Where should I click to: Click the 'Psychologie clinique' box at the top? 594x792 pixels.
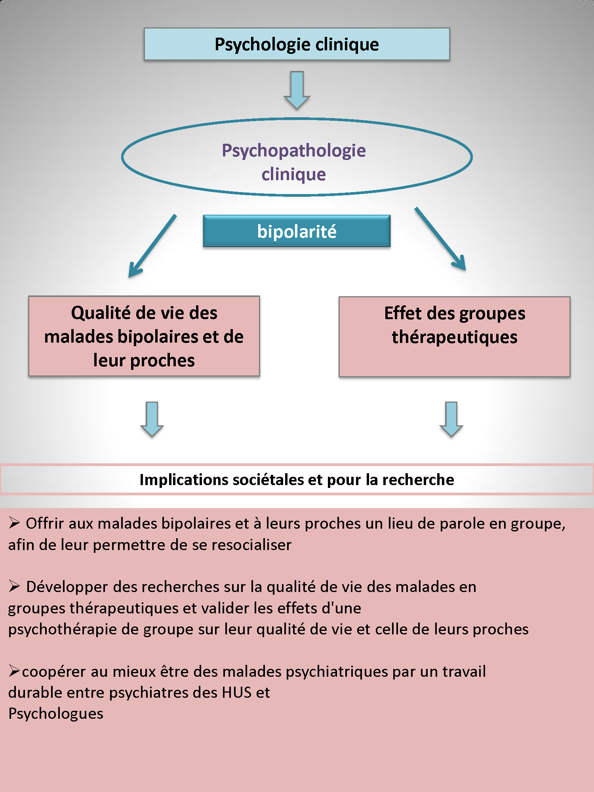pos(297,44)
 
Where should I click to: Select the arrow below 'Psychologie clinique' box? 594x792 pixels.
pos(297,90)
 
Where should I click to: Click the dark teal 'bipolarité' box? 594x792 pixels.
pos(297,231)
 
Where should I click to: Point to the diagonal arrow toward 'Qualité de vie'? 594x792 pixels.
pos(152,246)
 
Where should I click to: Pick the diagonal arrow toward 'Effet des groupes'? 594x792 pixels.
pos(440,239)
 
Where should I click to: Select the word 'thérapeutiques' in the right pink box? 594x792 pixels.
pos(455,337)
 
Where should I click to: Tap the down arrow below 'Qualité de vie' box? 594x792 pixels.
pos(152,419)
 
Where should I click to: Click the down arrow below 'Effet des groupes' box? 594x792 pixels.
pos(451,419)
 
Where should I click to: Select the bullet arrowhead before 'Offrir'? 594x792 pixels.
pos(14,523)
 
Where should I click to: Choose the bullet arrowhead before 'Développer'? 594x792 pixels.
pos(14,586)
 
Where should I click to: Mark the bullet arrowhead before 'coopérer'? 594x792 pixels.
pos(14,671)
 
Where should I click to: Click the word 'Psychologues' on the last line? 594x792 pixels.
pos(56,714)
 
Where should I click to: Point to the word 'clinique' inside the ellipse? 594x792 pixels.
pos(294,175)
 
